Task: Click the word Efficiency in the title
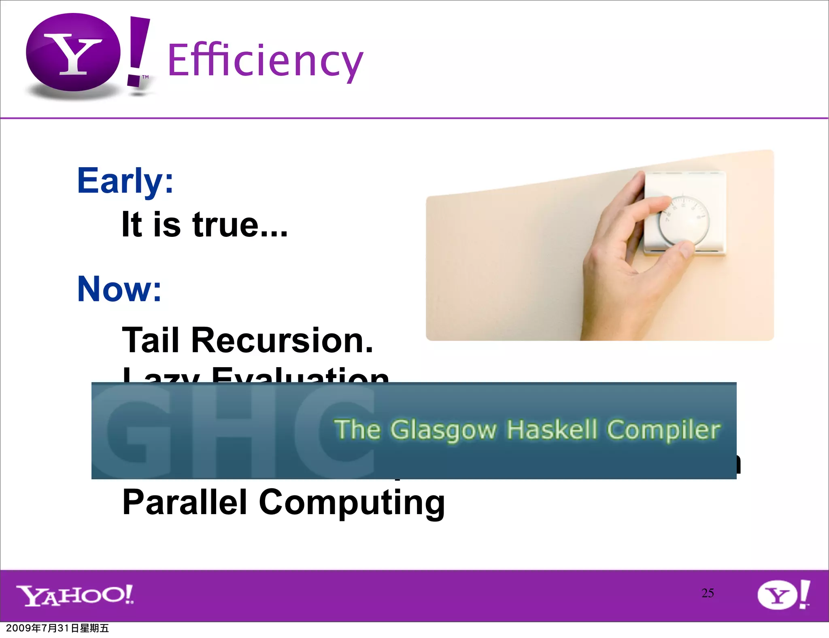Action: tap(265, 61)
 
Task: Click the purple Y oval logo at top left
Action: tap(73, 53)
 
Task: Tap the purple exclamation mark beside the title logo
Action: tap(138, 51)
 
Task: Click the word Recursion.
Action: tap(282, 340)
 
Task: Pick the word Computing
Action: tap(351, 503)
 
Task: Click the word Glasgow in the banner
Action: tap(443, 430)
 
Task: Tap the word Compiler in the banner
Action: tap(663, 430)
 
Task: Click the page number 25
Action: tap(708, 593)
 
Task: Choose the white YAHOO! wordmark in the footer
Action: tap(75, 595)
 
